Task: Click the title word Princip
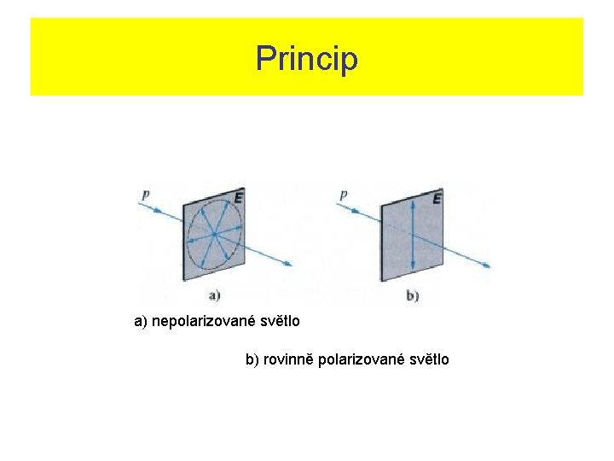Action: pyautogui.click(x=307, y=59)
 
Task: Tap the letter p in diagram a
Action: pyautogui.click(x=146, y=195)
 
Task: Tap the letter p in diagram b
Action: pyautogui.click(x=343, y=195)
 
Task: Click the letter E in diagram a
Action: pyautogui.click(x=238, y=198)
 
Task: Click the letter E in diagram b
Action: pyautogui.click(x=437, y=199)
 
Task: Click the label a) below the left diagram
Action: pyautogui.click(x=214, y=295)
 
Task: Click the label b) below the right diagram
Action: pyautogui.click(x=413, y=295)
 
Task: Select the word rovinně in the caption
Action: pyautogui.click(x=287, y=360)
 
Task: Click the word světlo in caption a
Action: pyautogui.click(x=278, y=323)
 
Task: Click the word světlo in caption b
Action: pyautogui.click(x=426, y=360)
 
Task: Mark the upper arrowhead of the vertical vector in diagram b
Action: pyautogui.click(x=413, y=202)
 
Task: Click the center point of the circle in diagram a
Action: pyautogui.click(x=214, y=233)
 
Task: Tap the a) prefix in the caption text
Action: pyautogui.click(x=141, y=323)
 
